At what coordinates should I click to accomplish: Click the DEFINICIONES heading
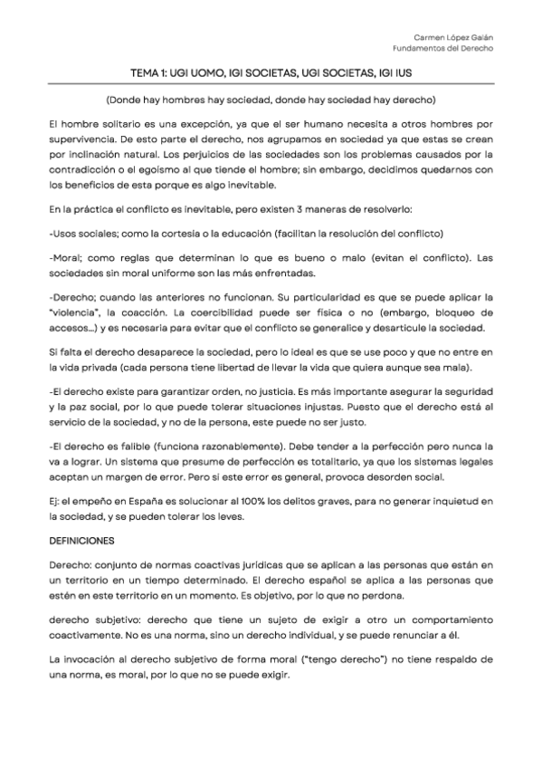[81, 541]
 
